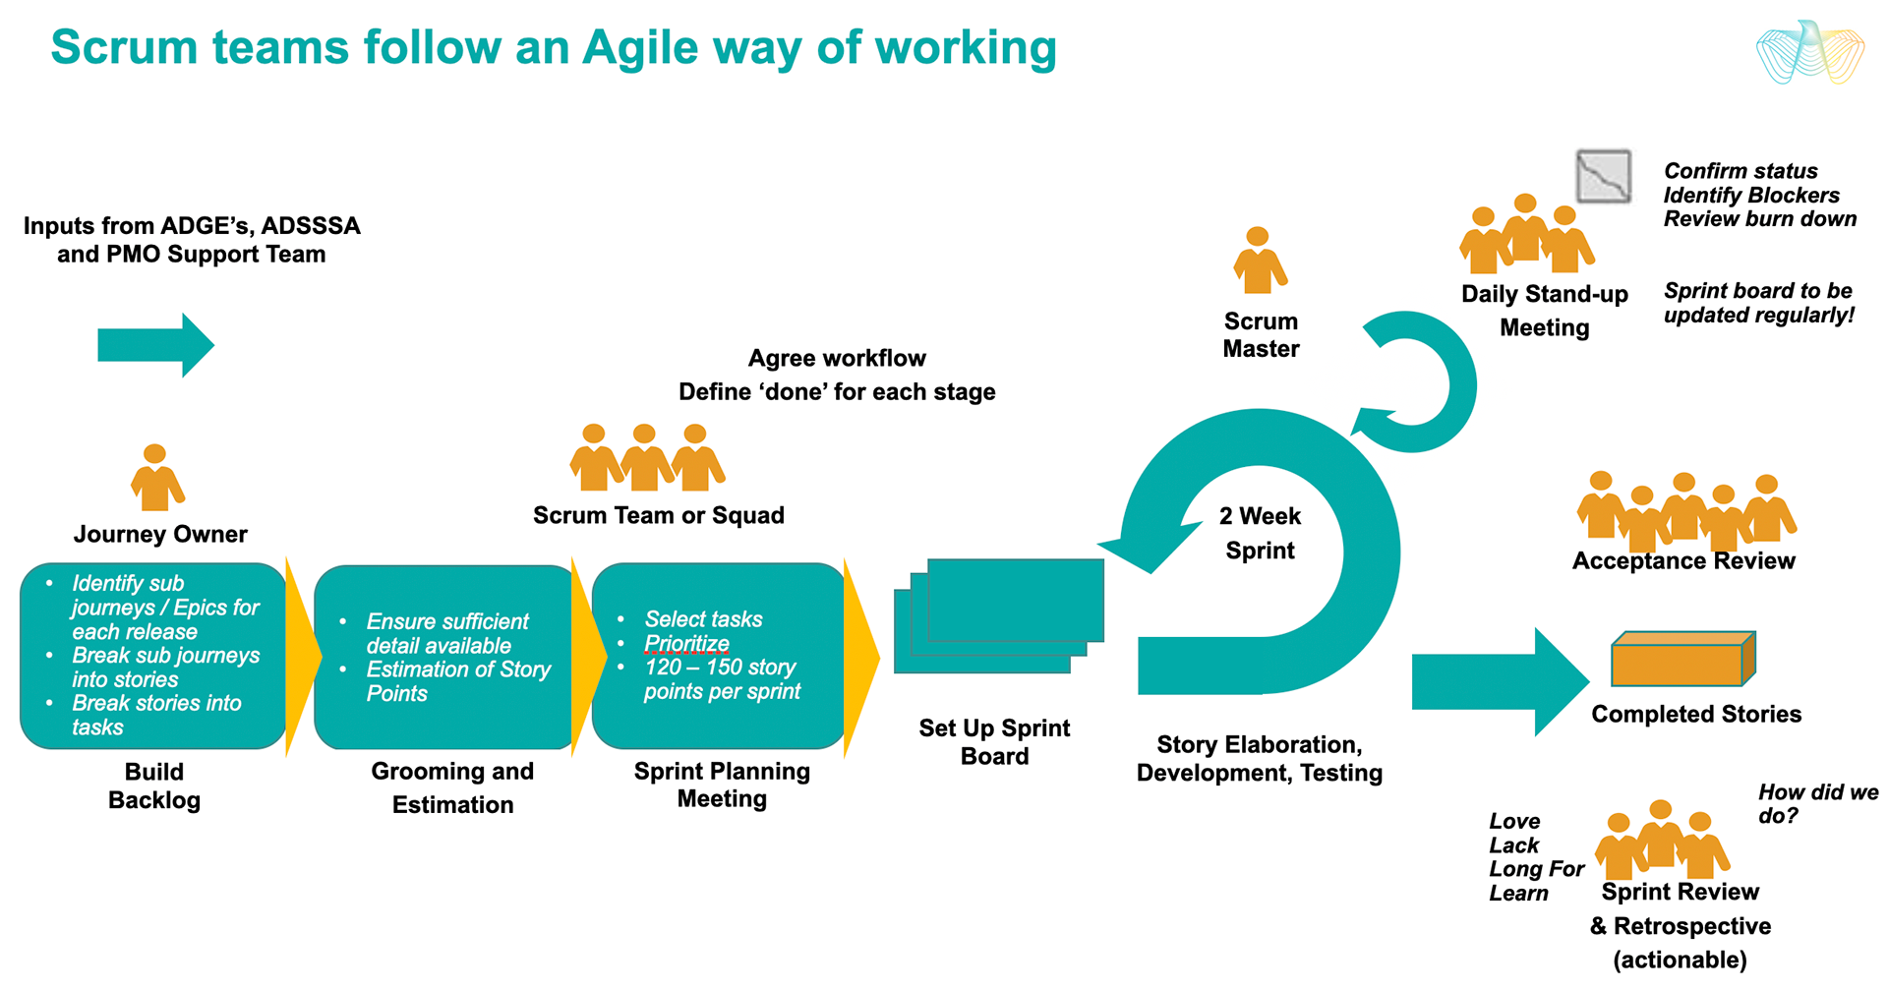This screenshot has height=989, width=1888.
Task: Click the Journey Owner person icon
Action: (156, 478)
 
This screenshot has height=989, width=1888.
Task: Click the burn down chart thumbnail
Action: (1603, 177)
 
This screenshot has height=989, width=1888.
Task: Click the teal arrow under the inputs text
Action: (155, 345)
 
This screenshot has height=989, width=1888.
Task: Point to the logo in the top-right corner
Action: (1809, 52)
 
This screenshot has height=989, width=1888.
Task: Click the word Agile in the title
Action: (639, 47)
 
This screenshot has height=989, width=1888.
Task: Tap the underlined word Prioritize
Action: (686, 644)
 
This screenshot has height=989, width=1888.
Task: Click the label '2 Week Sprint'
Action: (1260, 533)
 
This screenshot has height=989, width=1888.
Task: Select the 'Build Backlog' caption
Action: (154, 785)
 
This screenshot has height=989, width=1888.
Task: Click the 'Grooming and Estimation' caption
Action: (452, 787)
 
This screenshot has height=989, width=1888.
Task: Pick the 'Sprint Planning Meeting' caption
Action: (722, 785)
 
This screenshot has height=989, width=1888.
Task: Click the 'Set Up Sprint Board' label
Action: (994, 742)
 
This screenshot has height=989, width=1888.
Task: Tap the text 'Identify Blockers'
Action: (1750, 195)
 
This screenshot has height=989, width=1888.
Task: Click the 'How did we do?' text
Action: (1817, 803)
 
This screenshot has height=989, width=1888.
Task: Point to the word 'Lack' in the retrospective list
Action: (1513, 845)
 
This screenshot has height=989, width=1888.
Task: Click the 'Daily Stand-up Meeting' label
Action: (1544, 311)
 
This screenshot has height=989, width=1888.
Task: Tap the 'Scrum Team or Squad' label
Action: (658, 515)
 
